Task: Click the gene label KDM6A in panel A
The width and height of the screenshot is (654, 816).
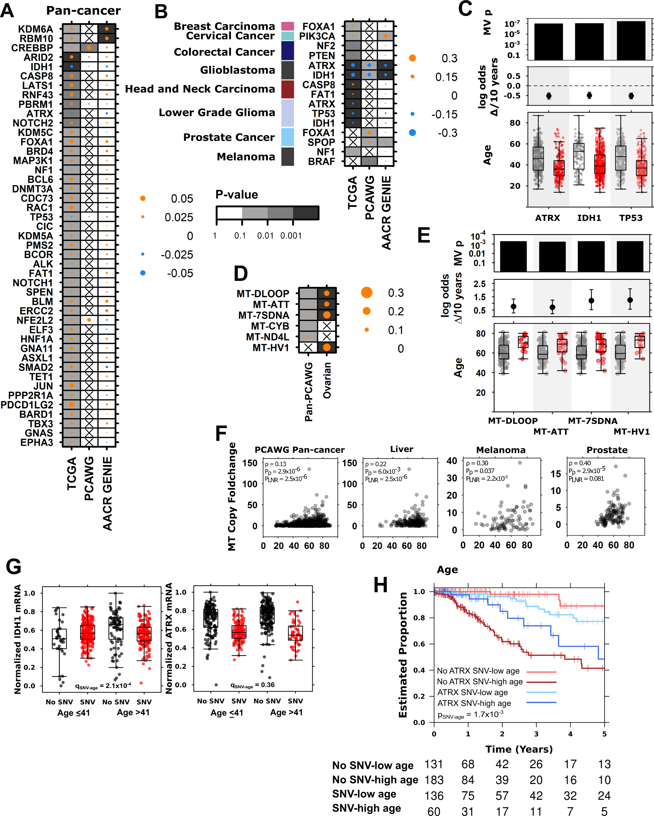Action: pos(36,29)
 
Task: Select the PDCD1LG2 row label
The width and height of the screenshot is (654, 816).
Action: pos(27,405)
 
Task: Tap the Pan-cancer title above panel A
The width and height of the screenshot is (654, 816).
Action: pos(83,11)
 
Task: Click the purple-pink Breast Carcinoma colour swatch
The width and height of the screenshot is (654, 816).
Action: pos(288,26)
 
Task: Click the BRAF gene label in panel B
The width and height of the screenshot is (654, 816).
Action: pos(321,161)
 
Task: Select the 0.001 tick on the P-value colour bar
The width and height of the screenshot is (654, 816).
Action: pos(291,236)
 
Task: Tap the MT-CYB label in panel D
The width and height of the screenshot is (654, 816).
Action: pos(270,326)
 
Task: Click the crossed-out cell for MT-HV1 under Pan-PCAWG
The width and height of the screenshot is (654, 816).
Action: pos(308,347)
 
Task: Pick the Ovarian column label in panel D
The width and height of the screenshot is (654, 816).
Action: pos(327,380)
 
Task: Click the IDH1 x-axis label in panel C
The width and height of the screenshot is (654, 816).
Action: pos(589,218)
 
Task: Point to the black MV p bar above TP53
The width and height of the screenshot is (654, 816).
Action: pos(631,41)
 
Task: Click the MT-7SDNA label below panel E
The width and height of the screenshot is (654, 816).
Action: pos(592,421)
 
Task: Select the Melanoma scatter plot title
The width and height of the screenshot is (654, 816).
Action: pos(500,450)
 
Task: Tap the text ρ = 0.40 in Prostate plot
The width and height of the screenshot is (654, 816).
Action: pos(580,463)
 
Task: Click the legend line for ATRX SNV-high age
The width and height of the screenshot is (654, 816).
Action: pos(541,703)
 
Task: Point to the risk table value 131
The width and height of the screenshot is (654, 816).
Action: pos(434,764)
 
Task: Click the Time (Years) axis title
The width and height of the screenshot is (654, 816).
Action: pos(519,749)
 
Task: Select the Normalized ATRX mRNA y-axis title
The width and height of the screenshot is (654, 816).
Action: pos(169,638)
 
